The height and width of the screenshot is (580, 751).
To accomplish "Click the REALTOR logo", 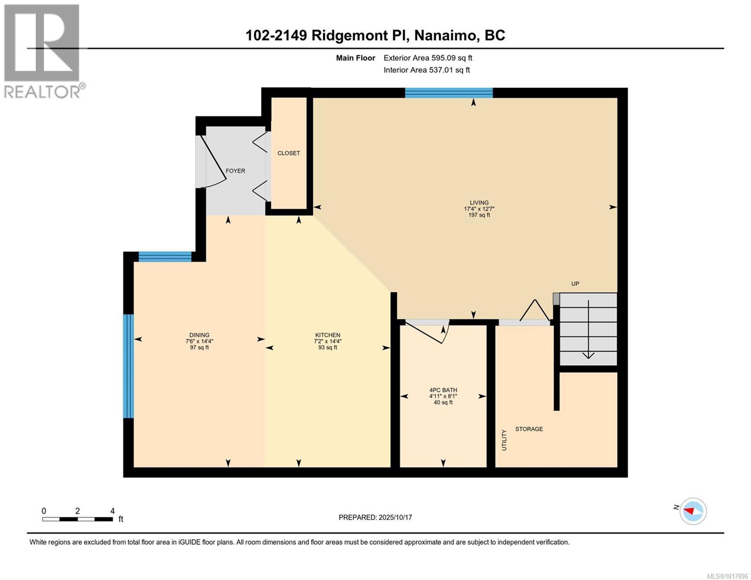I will (42, 50).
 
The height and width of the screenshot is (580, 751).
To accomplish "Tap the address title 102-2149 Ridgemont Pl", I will (375, 35).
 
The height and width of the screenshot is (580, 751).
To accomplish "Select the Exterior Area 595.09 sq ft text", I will (427, 58).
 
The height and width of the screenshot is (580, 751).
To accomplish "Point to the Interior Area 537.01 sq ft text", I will (427, 70).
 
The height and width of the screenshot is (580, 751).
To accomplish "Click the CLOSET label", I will (289, 153).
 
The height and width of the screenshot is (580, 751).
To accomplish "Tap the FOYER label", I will (236, 171).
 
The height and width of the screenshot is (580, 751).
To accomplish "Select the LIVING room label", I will (479, 203).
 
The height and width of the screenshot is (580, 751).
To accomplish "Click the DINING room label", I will (199, 335).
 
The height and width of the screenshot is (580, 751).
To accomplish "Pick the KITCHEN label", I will (328, 335).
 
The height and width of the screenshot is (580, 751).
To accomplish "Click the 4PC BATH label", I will (443, 390).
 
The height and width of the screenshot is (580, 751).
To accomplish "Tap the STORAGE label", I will (529, 429).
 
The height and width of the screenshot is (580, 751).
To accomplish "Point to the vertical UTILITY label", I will (504, 440).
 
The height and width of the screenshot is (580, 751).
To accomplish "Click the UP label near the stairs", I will (575, 284).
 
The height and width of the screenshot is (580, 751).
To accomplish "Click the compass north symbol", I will (693, 511).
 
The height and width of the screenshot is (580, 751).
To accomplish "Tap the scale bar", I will (77, 519).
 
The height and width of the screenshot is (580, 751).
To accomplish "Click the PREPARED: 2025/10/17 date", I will (375, 518).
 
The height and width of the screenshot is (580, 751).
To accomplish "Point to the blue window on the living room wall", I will (448, 93).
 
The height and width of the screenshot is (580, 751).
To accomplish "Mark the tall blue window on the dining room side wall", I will (128, 366).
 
